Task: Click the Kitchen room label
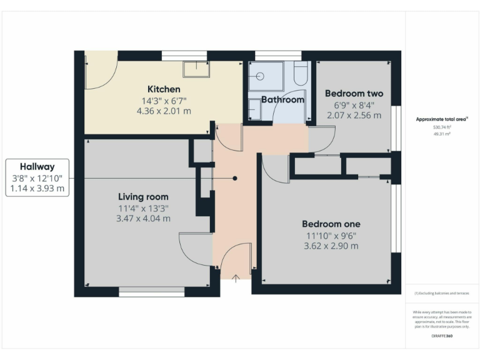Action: pyautogui.click(x=164, y=89)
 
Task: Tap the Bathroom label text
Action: pyautogui.click(x=282, y=99)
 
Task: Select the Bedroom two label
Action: pyautogui.click(x=354, y=94)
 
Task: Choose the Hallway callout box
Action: pyautogui.click(x=37, y=177)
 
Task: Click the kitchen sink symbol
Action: pyautogui.click(x=195, y=68)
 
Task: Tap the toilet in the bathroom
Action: pyautogui.click(x=301, y=74)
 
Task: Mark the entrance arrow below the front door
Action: pyautogui.click(x=236, y=278)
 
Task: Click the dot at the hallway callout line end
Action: pyautogui.click(x=235, y=178)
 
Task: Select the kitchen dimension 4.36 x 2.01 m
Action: pyautogui.click(x=164, y=111)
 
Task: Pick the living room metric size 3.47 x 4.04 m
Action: pyautogui.click(x=143, y=219)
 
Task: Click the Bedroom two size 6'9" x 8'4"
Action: pyautogui.click(x=354, y=105)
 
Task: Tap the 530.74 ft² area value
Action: pyautogui.click(x=442, y=127)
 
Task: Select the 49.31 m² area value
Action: pyautogui.click(x=442, y=133)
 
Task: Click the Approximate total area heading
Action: pyautogui.click(x=442, y=119)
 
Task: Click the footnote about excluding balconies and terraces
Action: pyautogui.click(x=442, y=292)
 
